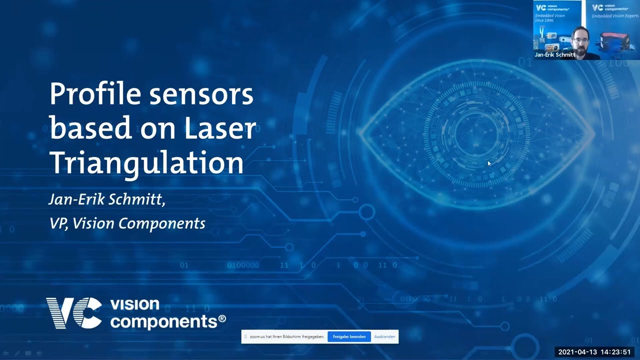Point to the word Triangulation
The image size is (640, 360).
click(146, 162)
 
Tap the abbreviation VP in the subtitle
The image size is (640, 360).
click(58, 223)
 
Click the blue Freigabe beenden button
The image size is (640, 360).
click(349, 336)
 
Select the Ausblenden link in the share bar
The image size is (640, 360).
click(384, 336)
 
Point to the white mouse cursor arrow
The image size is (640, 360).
click(489, 163)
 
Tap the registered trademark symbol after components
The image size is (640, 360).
click(222, 319)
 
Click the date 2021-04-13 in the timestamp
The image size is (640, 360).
click(577, 352)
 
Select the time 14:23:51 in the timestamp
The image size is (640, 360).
click(616, 352)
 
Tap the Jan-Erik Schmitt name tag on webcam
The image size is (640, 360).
click(554, 55)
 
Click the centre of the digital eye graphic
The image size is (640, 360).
click(476, 134)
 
